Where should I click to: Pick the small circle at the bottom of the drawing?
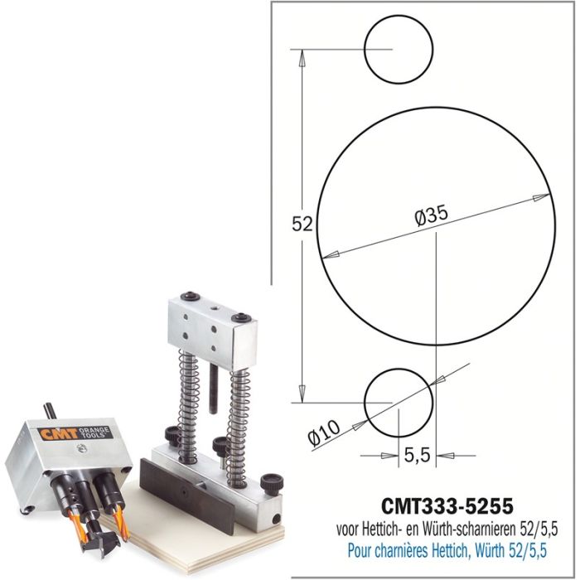point(399,404)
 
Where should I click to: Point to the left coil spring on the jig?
point(187,389)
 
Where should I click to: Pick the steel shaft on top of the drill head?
point(51,409)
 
